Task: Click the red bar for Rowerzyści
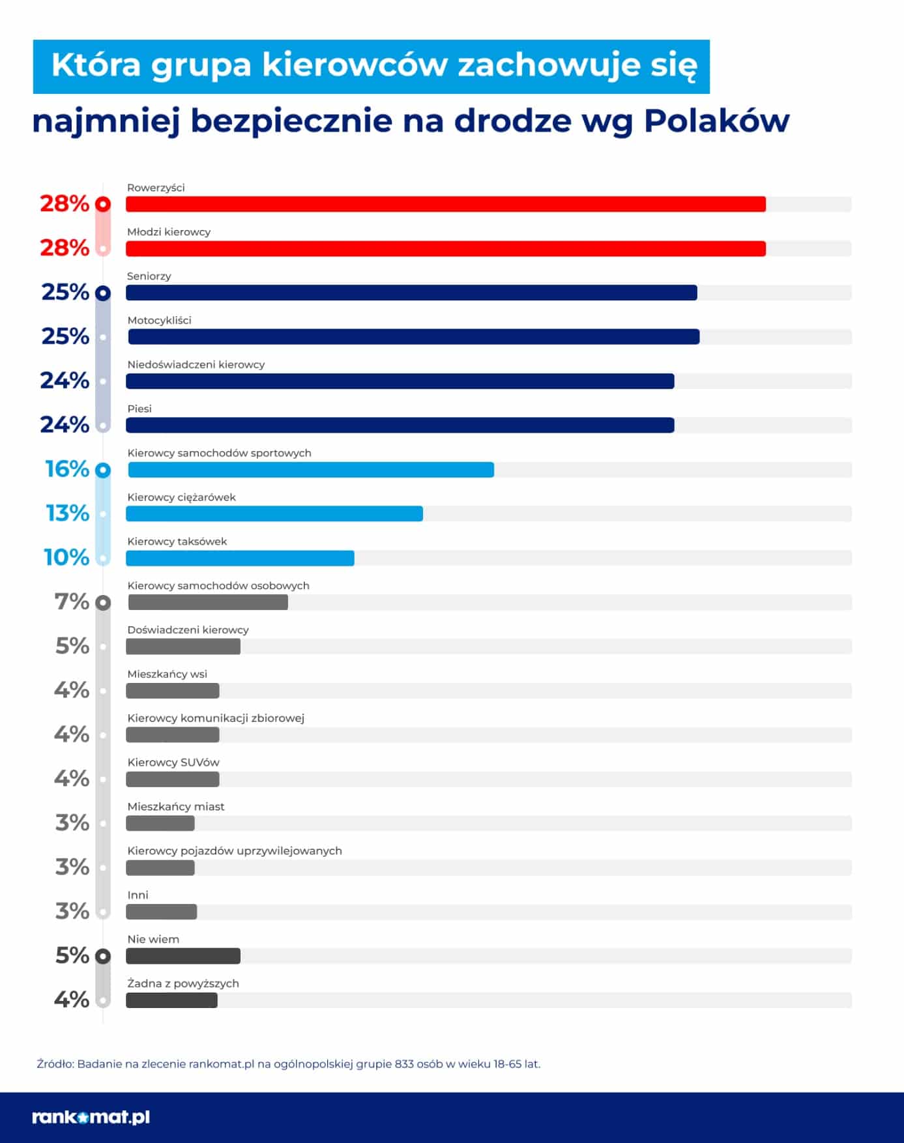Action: point(446,204)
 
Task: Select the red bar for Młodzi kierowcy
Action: point(446,248)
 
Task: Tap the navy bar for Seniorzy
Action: point(411,293)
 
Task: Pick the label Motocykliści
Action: point(159,320)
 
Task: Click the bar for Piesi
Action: point(400,426)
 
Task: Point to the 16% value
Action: point(67,469)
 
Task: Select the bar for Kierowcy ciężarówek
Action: point(274,514)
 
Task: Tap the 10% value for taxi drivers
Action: point(66,558)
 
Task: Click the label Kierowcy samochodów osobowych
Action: point(218,585)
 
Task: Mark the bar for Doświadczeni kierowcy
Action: point(183,646)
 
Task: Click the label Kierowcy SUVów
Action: point(173,762)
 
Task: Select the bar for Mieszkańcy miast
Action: point(160,824)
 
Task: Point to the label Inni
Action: point(138,895)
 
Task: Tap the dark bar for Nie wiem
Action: point(183,956)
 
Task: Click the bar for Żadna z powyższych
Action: point(172,1000)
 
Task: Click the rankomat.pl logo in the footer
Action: point(91,1117)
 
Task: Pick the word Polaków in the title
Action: point(716,121)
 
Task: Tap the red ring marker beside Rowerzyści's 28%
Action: point(103,204)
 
